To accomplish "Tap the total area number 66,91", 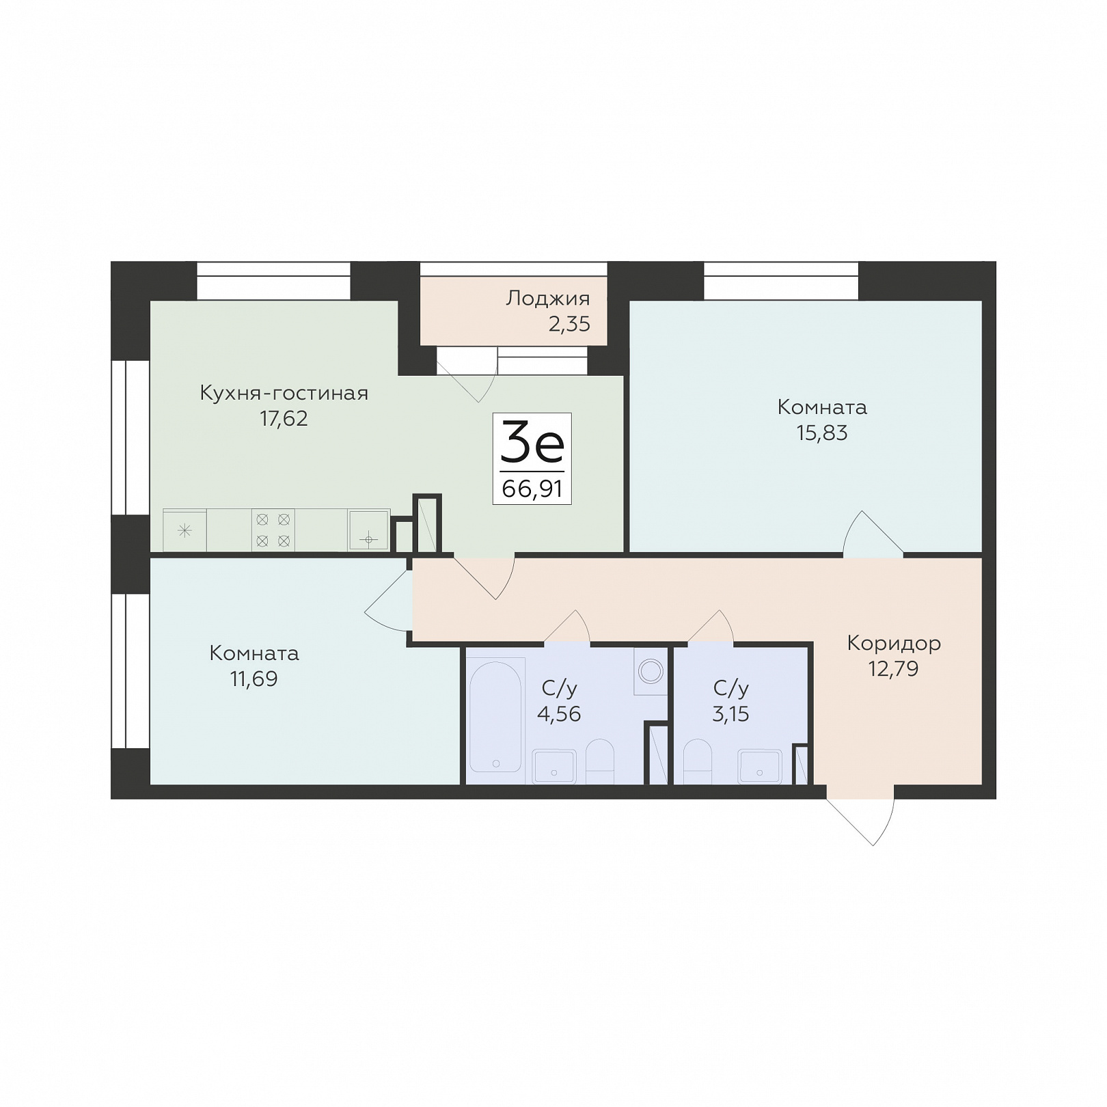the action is coord(532,489).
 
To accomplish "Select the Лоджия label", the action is coord(547,299).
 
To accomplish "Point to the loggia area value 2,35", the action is coord(569,323).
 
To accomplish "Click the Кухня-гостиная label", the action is coord(284,393).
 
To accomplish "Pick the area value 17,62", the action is coord(284,418).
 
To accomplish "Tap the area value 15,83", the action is coord(822,433).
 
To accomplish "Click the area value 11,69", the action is coord(254,679).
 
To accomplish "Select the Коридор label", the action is coord(894,643).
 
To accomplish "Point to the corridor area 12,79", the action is coord(893,668).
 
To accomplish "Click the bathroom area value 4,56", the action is coord(559,713).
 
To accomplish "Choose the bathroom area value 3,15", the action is coord(730,713).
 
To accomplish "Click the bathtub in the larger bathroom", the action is coord(496,715).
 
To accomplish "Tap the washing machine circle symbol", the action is coord(651,670).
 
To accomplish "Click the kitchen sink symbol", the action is coord(369,530).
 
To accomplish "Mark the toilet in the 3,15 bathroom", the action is coord(697,761).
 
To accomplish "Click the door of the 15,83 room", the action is coord(873,534).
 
